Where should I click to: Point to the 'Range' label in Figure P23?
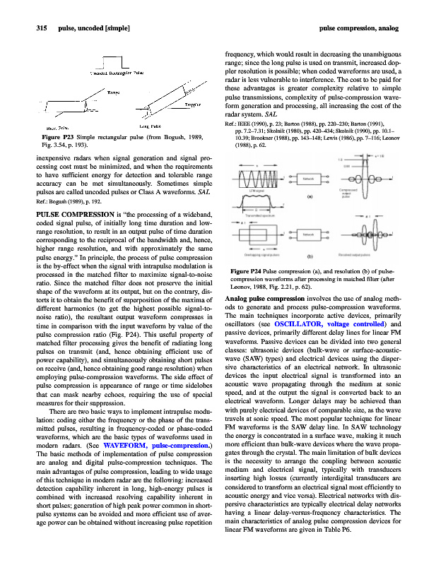(113, 92)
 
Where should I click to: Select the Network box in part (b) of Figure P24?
(312, 234)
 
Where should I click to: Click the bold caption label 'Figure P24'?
(247, 272)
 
